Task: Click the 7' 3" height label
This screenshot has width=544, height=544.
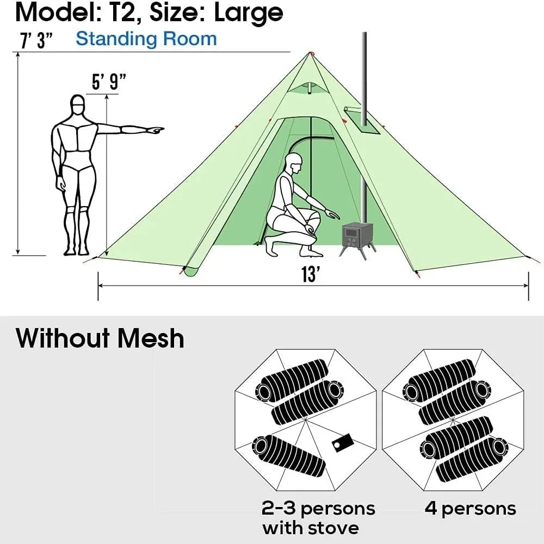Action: point(33,41)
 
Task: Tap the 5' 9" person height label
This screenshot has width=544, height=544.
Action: point(109,83)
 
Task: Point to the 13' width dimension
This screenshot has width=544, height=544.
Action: point(310,275)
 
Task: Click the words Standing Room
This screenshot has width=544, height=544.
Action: point(146,39)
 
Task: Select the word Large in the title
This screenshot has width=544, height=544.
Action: point(248,12)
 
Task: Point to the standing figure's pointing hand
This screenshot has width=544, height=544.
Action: point(156,130)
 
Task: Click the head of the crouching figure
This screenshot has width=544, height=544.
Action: point(294,162)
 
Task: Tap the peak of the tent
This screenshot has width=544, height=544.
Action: point(311,53)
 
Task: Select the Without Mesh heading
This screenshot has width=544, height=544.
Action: point(100,338)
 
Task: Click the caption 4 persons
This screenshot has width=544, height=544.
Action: point(470,508)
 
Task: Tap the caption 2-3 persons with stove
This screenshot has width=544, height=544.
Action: point(318,518)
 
